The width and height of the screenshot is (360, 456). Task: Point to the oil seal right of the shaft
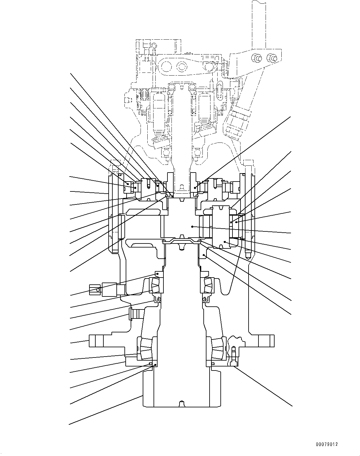click(206, 300)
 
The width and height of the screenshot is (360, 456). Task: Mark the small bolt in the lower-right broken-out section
click(234, 355)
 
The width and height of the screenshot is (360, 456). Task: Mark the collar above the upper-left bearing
click(159, 274)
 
